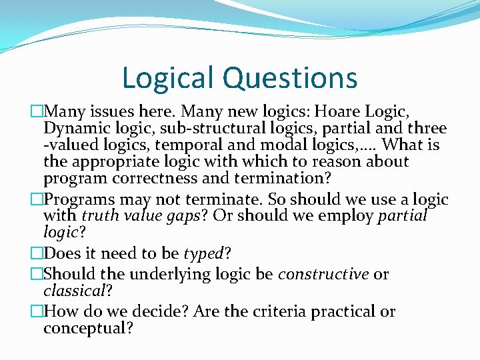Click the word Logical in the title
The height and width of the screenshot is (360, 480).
click(169, 78)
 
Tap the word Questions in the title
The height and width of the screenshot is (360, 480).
click(290, 78)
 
